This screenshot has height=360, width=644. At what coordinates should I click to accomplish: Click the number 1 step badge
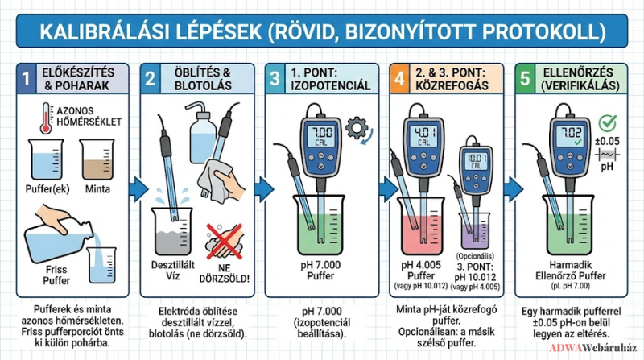[x=27, y=78]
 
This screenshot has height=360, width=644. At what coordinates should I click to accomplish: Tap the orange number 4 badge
[x=399, y=78]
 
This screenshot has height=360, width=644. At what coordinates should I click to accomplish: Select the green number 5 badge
[x=525, y=78]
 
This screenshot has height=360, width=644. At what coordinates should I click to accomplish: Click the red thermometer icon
[x=46, y=118]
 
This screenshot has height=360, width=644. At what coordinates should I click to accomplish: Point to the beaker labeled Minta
[x=97, y=159]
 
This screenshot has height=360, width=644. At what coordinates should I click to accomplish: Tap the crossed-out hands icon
[x=225, y=242]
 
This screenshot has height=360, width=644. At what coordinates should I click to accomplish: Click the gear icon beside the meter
[x=357, y=128]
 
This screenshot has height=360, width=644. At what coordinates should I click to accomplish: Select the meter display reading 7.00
[x=320, y=136]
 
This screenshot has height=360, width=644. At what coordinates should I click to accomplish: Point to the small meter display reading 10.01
[x=477, y=160]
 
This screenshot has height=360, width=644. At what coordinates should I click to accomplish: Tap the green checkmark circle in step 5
[x=607, y=122]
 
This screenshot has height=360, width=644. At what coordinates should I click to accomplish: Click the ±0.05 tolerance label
[x=607, y=142]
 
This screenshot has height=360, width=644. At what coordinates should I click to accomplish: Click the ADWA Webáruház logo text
[x=593, y=348]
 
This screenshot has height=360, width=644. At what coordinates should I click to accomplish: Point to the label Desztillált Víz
[x=173, y=271]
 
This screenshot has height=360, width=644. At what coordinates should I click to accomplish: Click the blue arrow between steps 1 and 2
[x=138, y=190]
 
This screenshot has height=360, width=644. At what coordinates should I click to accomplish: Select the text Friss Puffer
[x=56, y=275]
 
